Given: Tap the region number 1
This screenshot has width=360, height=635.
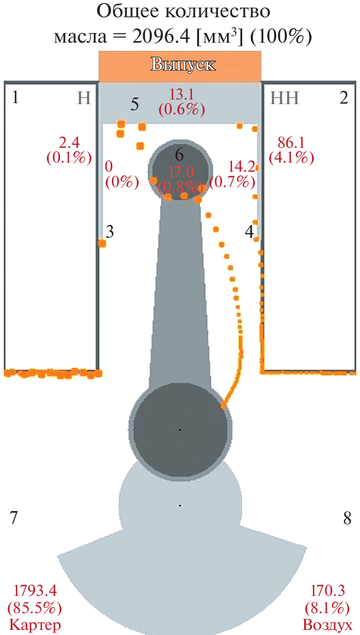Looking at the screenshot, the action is [x=16, y=98].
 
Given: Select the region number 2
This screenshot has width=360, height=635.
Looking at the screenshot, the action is [x=344, y=98].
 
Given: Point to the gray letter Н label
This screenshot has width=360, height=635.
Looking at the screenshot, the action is [x=84, y=99].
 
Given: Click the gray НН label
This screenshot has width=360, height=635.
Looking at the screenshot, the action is [x=284, y=99].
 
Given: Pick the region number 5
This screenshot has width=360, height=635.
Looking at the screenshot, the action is [x=135, y=104].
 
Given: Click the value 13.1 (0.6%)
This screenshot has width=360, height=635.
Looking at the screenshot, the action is [x=182, y=102].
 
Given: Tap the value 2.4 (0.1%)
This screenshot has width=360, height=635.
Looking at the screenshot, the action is [x=69, y=150].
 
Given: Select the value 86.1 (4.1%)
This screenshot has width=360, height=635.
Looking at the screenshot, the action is [x=291, y=150].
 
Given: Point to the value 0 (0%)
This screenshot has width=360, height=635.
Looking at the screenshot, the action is [x=122, y=175].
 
